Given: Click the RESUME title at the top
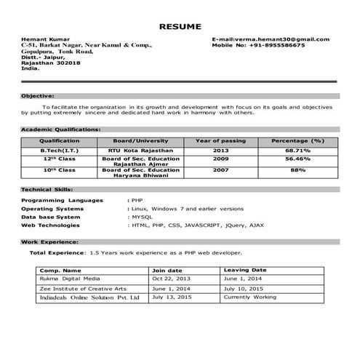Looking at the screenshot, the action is pos(180,26).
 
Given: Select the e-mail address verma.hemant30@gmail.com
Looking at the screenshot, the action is pos(281,39).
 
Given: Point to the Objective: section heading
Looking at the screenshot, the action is pos(37,96).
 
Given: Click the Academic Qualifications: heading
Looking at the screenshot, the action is pos(60,129).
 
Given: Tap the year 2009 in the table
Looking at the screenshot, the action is pos(221,158).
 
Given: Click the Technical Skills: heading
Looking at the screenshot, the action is pos(47,189).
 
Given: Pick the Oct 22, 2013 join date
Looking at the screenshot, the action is pos(172,279).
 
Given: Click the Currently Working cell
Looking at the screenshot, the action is pos(250,297).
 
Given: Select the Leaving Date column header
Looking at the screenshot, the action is pos(245,270).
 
